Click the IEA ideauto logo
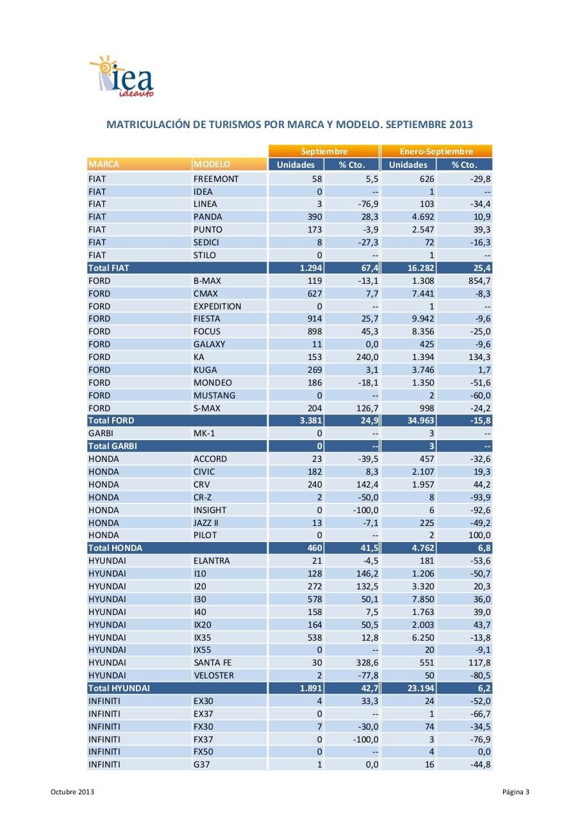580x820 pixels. (121, 78)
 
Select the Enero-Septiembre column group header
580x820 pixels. (436, 152)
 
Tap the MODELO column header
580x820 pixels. (212, 165)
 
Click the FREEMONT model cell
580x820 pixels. (216, 179)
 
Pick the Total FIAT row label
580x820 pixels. (108, 268)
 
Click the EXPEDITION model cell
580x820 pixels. (217, 306)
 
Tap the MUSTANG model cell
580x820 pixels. (214, 395)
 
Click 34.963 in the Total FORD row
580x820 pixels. (420, 421)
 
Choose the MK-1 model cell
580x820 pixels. (205, 434)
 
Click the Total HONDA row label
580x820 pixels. (115, 548)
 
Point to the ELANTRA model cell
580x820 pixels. (211, 561)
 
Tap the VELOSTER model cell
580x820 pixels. (213, 675)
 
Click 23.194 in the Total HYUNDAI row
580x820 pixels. (420, 688)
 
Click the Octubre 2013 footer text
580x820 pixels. (72, 792)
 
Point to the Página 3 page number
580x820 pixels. (516, 792)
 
